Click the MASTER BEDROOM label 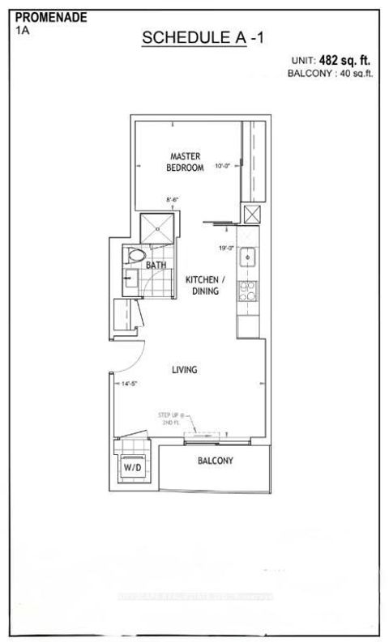click(x=184, y=161)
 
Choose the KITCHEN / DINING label click(x=203, y=285)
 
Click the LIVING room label click(x=185, y=370)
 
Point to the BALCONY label click(x=216, y=461)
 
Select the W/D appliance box click(x=131, y=467)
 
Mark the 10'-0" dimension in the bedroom click(x=223, y=166)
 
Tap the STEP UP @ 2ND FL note click(x=171, y=419)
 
